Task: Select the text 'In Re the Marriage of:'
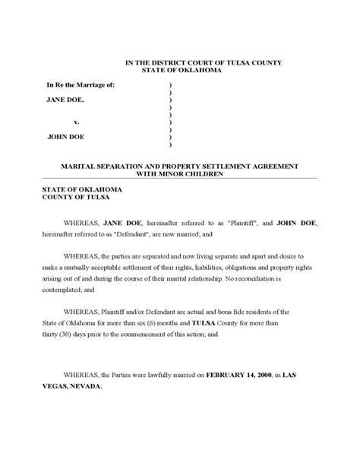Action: (x=81, y=84)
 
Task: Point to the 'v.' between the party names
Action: (x=76, y=122)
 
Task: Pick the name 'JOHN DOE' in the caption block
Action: (x=65, y=137)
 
